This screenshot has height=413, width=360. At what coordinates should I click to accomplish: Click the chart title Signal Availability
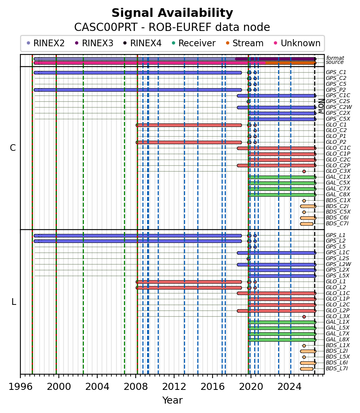coord(172,13)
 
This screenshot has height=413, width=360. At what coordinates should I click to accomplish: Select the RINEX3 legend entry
coord(94,43)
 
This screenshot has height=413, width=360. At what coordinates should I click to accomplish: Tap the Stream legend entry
coord(245,43)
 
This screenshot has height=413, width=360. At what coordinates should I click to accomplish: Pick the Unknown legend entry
coord(297,43)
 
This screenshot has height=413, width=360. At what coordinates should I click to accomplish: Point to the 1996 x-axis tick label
coord(20,387)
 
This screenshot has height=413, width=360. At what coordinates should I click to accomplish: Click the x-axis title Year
coord(173,400)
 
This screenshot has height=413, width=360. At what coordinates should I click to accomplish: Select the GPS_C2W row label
coord(339,107)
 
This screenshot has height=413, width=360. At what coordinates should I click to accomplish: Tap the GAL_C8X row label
coord(338,194)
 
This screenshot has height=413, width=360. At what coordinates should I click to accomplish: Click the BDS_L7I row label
coord(337,368)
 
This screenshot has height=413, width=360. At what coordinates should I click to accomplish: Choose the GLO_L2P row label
coord(338,311)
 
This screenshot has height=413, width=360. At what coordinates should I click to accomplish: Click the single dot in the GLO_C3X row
coord(304,172)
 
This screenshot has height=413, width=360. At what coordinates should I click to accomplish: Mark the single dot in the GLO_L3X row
coord(304,317)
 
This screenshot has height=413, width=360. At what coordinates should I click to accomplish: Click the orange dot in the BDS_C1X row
coord(304,201)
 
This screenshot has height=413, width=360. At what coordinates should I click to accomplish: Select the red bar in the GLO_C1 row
coord(189,125)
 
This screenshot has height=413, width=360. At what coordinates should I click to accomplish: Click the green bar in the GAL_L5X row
coord(282,328)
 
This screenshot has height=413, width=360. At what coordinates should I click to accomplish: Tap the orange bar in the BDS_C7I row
coord(307,224)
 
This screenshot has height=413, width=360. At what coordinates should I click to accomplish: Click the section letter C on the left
coord(13,148)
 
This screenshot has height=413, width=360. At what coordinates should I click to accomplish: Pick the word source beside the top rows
coord(335,62)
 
